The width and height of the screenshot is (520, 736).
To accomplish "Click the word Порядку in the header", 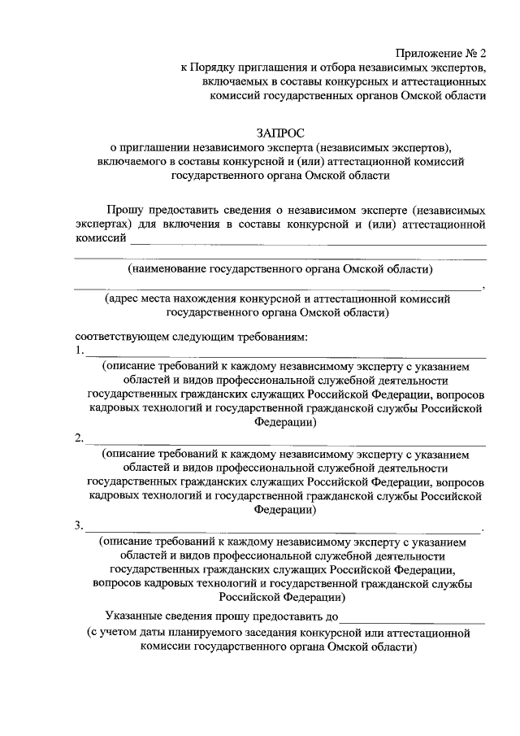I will click(216, 68).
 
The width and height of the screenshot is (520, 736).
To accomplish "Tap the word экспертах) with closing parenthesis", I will click(103, 223).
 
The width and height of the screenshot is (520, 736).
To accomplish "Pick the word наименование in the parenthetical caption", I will click(168, 269).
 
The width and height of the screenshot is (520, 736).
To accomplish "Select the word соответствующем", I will click(118, 337).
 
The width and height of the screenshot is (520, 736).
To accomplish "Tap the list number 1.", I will click(78, 351).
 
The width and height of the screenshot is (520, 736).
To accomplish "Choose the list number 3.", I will click(78, 526).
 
